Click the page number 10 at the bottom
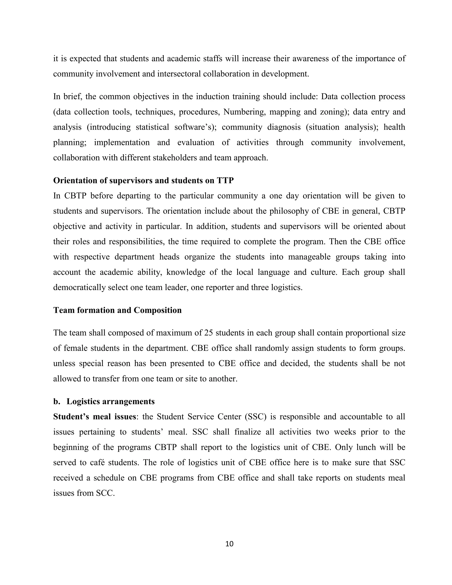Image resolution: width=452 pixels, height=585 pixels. coord(230,544)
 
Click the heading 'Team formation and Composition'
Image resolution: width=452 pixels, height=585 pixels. coord(117,310)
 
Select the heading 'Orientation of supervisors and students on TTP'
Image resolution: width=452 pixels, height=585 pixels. coord(143,181)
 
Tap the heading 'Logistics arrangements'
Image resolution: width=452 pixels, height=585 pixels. coord(110,402)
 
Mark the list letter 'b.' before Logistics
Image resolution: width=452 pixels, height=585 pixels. coord(56,402)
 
